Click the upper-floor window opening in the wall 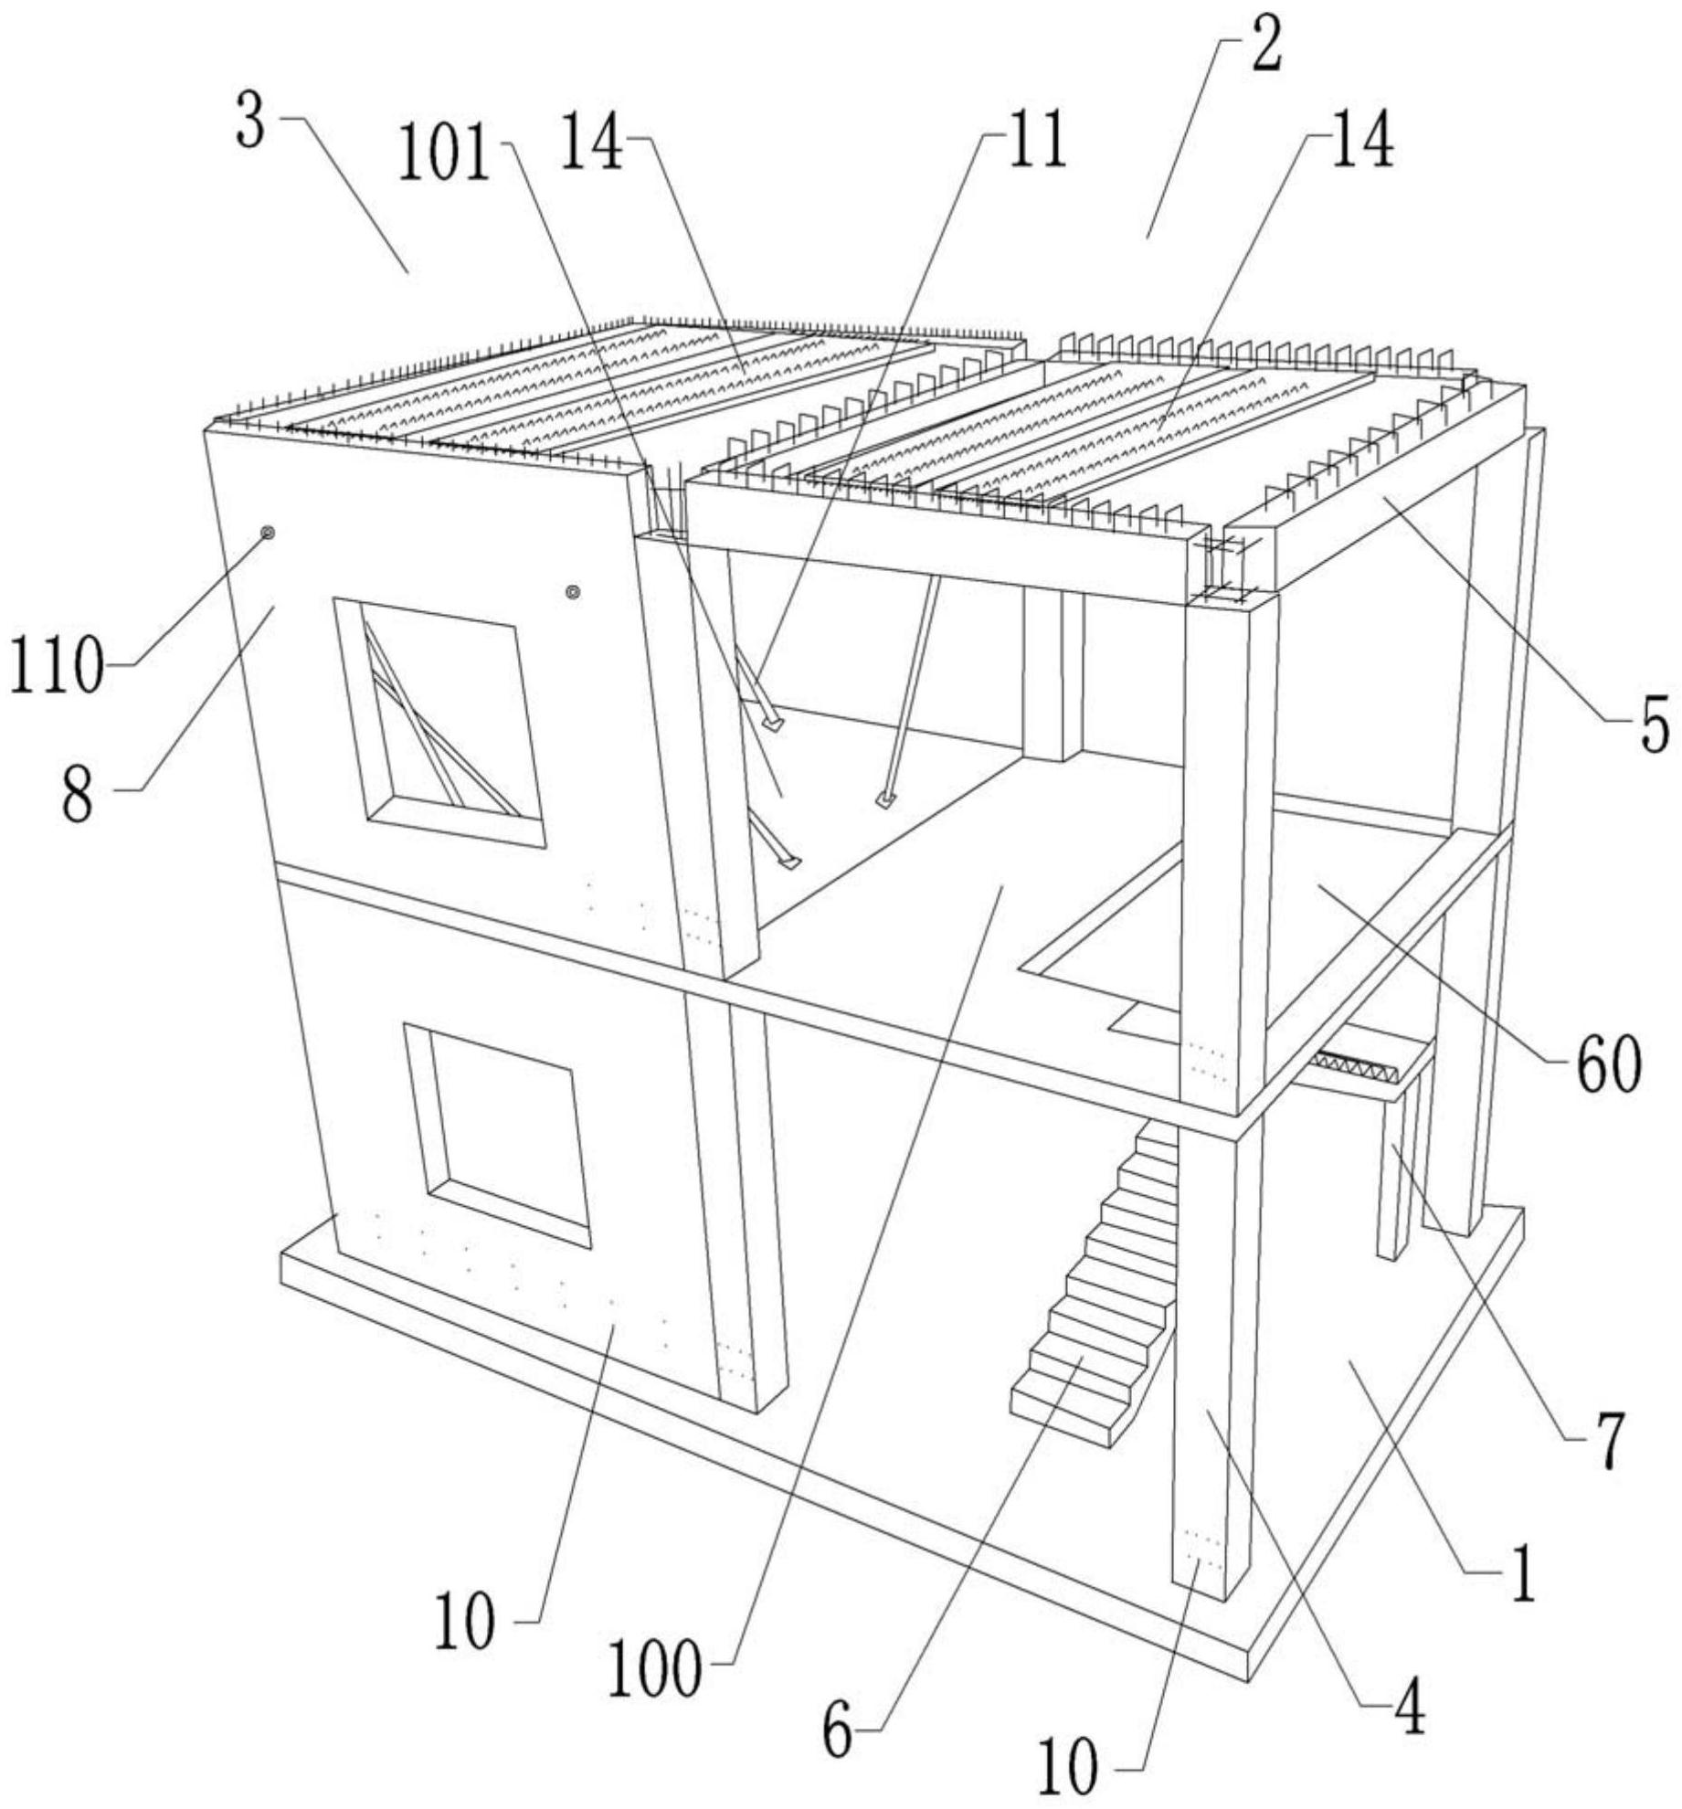click(x=439, y=722)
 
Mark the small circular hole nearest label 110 click(x=268, y=533)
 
